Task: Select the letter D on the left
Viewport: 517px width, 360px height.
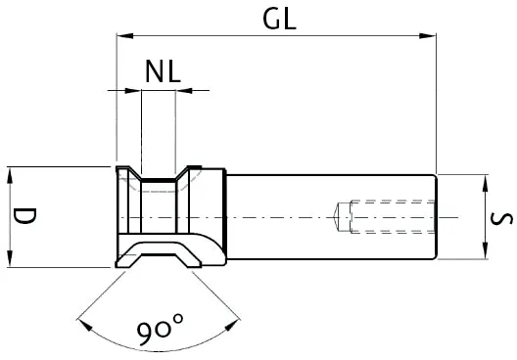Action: (x=25, y=216)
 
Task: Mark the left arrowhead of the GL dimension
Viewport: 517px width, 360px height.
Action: (x=122, y=37)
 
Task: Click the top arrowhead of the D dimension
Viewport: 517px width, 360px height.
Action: (x=10, y=173)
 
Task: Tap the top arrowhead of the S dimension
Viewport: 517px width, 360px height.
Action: (x=484, y=181)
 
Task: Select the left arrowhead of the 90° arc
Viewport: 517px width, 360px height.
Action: (x=80, y=318)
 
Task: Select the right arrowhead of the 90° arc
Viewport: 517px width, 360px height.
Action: (x=241, y=319)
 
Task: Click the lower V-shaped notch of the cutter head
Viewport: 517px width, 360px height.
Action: (x=159, y=250)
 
